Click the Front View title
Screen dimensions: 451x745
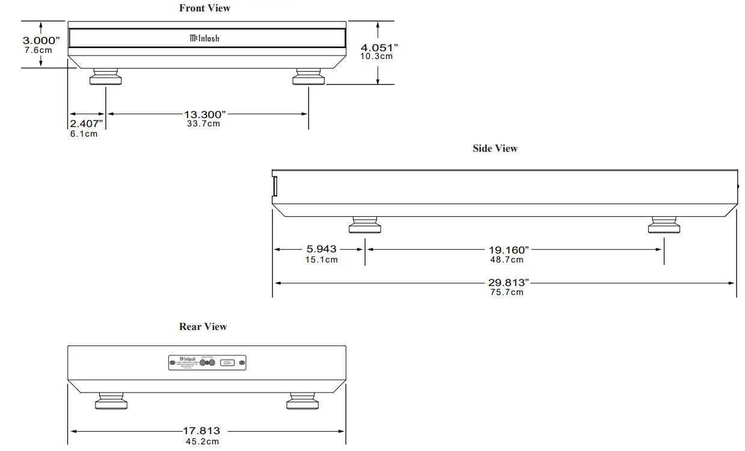204,8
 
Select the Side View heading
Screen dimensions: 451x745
494,148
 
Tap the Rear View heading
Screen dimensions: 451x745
203,326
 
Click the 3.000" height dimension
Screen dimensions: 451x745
41,40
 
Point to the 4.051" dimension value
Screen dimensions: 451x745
379,47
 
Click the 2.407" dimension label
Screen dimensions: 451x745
86,123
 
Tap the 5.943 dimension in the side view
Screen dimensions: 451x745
321,249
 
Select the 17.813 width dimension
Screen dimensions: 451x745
201,431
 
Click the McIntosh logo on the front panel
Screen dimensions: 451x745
204,39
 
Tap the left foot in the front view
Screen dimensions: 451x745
106,78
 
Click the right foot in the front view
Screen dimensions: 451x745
308,78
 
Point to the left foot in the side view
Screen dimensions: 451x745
364,226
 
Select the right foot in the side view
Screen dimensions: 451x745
664,226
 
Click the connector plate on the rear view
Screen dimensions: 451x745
207,363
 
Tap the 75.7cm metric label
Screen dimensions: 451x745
506,292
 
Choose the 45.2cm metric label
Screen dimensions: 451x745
202,441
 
